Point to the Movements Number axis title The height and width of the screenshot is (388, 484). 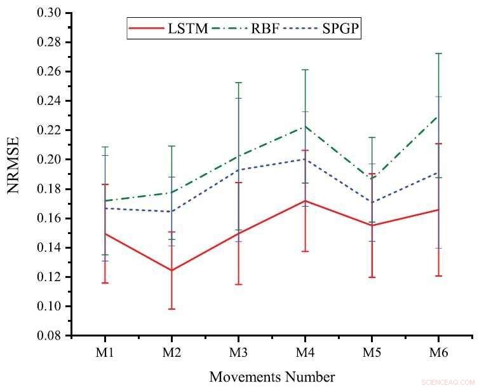[272, 377]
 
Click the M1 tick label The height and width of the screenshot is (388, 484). [104, 351]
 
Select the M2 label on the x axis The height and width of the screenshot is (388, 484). [171, 351]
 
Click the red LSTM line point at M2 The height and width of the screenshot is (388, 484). [171, 270]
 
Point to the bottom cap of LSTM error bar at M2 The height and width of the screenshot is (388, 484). [171, 309]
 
